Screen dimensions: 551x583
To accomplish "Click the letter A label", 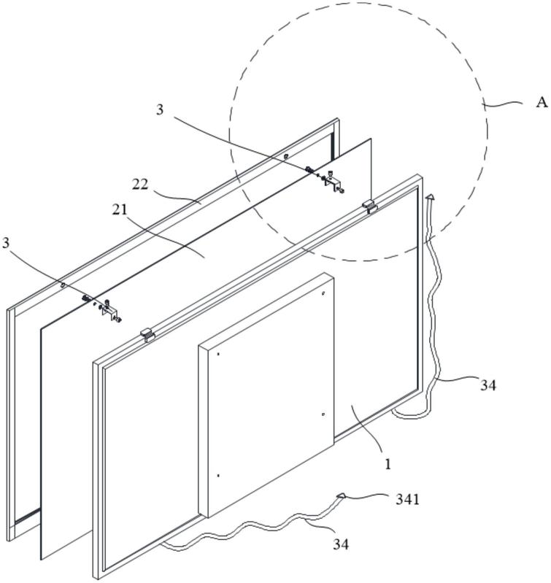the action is (542, 102).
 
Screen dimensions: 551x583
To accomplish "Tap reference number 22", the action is (140, 184).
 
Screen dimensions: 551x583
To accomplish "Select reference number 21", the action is (120, 210).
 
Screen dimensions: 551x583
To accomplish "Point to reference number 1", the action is (388, 464).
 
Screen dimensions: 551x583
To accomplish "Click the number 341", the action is (407, 500).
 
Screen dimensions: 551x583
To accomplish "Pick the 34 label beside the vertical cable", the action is (488, 385).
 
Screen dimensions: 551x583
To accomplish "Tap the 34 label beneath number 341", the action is (341, 544).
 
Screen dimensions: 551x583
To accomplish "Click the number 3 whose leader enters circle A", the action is (160, 109).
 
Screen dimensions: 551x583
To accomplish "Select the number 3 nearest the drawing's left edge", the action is (6, 243).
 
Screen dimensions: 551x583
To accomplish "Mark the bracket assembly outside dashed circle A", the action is (101, 308).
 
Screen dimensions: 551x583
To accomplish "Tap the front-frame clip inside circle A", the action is (370, 206).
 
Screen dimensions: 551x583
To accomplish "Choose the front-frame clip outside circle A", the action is (147, 334).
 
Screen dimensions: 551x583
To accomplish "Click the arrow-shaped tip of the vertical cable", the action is (430, 197).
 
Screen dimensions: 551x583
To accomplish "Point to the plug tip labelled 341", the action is (341, 495).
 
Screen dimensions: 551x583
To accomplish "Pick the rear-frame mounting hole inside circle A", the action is (285, 157).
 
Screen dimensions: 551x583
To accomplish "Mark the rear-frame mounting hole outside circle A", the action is (63, 285).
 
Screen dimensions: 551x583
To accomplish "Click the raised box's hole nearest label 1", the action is (323, 414).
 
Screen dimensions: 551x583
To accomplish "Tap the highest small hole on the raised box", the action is (323, 293).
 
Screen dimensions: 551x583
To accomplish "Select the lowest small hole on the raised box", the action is (218, 476).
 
